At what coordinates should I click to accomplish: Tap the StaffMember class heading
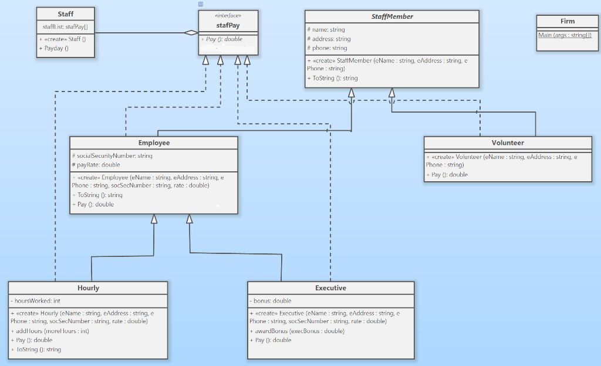392,16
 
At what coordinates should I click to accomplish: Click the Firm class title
567,21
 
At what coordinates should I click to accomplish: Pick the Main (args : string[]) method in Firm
565,36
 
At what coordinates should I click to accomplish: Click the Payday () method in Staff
54,48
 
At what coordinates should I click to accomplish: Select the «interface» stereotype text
228,16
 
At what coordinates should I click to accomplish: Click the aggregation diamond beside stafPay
191,33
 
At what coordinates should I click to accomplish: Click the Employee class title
154,143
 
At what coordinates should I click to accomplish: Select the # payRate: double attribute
96,165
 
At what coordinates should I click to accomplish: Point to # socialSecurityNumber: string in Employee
112,156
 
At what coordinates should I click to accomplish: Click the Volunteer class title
508,143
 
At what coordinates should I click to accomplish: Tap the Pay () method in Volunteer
447,175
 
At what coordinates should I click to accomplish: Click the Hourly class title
88,288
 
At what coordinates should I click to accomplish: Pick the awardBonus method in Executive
297,331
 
